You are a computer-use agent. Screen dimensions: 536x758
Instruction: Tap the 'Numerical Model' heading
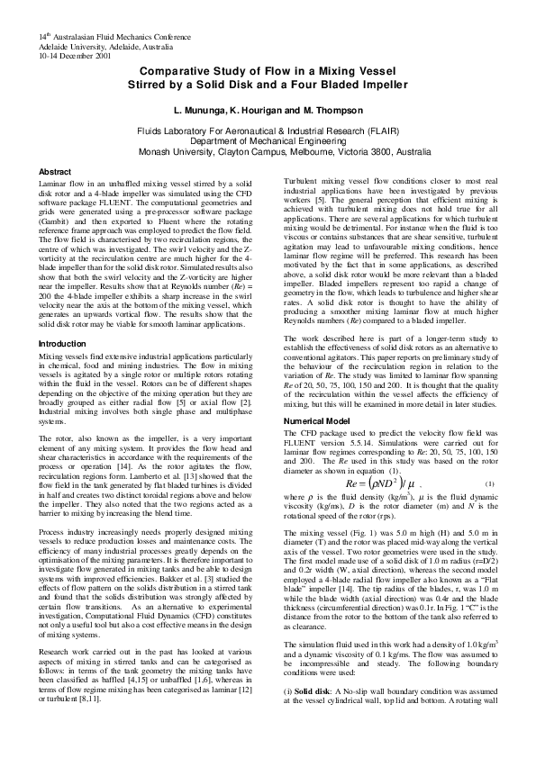(317, 421)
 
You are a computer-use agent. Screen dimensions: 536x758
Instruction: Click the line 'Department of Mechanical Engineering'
(268, 142)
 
